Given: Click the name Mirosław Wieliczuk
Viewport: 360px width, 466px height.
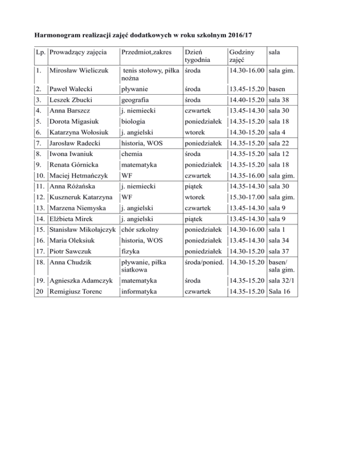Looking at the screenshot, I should (x=79, y=71).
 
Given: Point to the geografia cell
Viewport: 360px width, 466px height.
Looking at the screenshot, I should (x=135, y=100).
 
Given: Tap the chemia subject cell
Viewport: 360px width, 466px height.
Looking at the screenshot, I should (x=131, y=154).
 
